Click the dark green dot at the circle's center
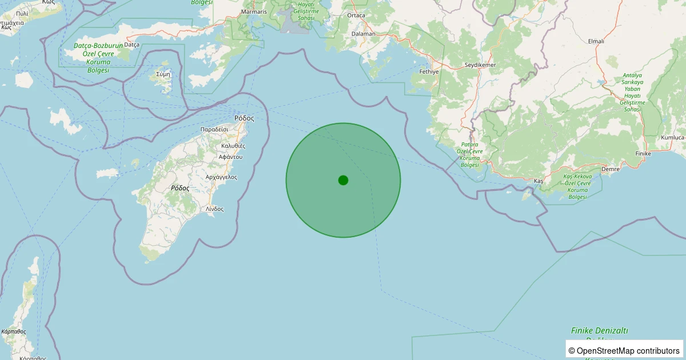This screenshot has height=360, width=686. pos(343,180)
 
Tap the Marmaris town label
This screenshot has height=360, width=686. pos(254,12)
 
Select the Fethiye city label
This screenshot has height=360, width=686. pos(429,72)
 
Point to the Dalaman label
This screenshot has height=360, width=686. pos(364,34)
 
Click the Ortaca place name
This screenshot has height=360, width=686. pos(356,15)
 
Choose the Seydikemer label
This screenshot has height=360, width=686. pos(480,65)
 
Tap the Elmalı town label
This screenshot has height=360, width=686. pos(596,41)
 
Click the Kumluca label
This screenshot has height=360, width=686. pos(672,138)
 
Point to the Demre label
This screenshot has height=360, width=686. pos(611,169)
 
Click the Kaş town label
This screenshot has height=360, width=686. pos(538,181)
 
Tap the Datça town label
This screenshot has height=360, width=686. pos(131,45)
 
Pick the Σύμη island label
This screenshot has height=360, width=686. pos(163,74)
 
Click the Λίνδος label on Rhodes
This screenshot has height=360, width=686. pos(215,209)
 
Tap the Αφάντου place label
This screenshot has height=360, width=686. pos(231,157)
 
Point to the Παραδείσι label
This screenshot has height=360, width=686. pos(214,130)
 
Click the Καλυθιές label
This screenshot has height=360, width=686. pos(233,146)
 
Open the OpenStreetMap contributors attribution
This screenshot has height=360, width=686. pos(624,350)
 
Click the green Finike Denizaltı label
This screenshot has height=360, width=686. pos(600,331)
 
